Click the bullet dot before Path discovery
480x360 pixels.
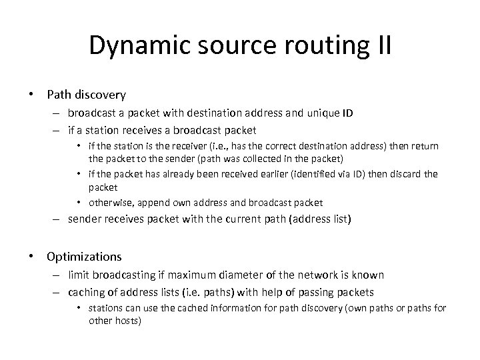coord(31,95)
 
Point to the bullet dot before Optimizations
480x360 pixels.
coord(31,256)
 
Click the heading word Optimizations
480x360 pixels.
coord(84,256)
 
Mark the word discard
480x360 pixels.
coord(402,174)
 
